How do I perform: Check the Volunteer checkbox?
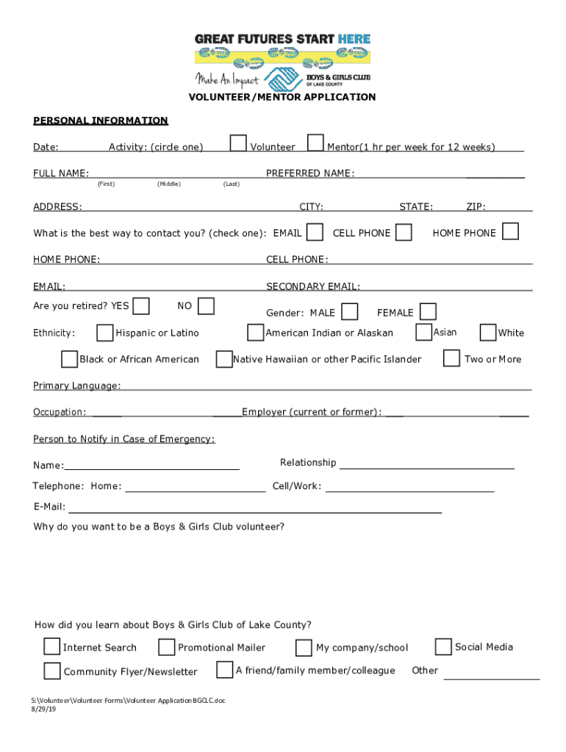(238, 142)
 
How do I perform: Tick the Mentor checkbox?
(315, 142)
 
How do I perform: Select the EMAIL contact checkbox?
(315, 232)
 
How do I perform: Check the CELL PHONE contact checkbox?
(404, 232)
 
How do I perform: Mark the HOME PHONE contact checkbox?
(510, 231)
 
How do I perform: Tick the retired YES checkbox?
(142, 305)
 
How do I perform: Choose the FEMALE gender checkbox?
(428, 312)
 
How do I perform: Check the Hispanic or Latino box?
(105, 333)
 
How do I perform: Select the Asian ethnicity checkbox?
(423, 332)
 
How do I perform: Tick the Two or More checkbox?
(452, 358)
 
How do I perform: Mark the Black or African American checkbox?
(69, 359)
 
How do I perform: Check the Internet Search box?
(51, 646)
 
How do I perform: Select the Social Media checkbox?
(443, 646)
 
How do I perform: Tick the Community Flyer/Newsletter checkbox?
(51, 671)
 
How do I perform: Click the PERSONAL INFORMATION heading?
(101, 120)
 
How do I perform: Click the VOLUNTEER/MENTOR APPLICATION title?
(282, 97)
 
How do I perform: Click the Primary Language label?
(77, 386)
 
